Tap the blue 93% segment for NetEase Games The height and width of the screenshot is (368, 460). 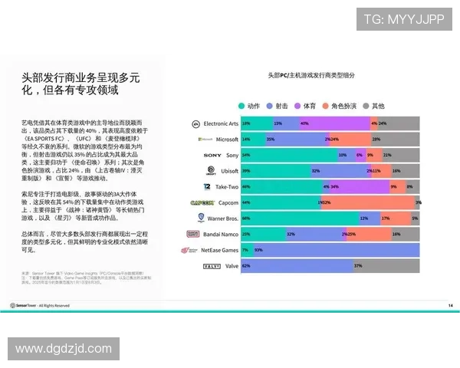point(337,250)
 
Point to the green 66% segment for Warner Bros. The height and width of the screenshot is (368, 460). point(299,219)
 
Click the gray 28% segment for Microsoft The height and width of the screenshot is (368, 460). point(394,140)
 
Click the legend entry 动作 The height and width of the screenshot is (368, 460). point(249,106)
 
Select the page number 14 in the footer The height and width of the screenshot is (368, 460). point(450,305)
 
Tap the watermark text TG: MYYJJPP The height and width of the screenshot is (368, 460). point(403,18)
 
